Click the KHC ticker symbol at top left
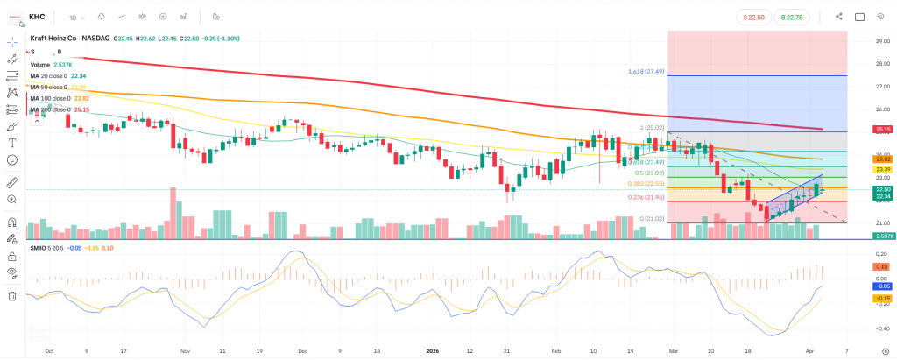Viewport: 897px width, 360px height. coord(37,16)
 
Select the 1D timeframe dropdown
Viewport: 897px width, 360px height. coord(74,16)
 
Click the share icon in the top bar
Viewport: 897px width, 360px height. coord(839,16)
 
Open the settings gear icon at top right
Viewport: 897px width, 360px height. coord(880,16)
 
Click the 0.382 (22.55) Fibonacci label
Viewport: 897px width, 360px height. coord(646,184)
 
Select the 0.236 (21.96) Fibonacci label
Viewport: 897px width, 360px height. coord(646,197)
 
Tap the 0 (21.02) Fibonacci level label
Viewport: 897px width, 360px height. coord(652,218)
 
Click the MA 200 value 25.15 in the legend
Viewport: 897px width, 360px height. coord(81,109)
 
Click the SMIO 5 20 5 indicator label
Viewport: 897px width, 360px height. coord(46,248)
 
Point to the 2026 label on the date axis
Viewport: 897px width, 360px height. coord(432,350)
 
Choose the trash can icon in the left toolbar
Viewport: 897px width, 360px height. coord(12,296)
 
